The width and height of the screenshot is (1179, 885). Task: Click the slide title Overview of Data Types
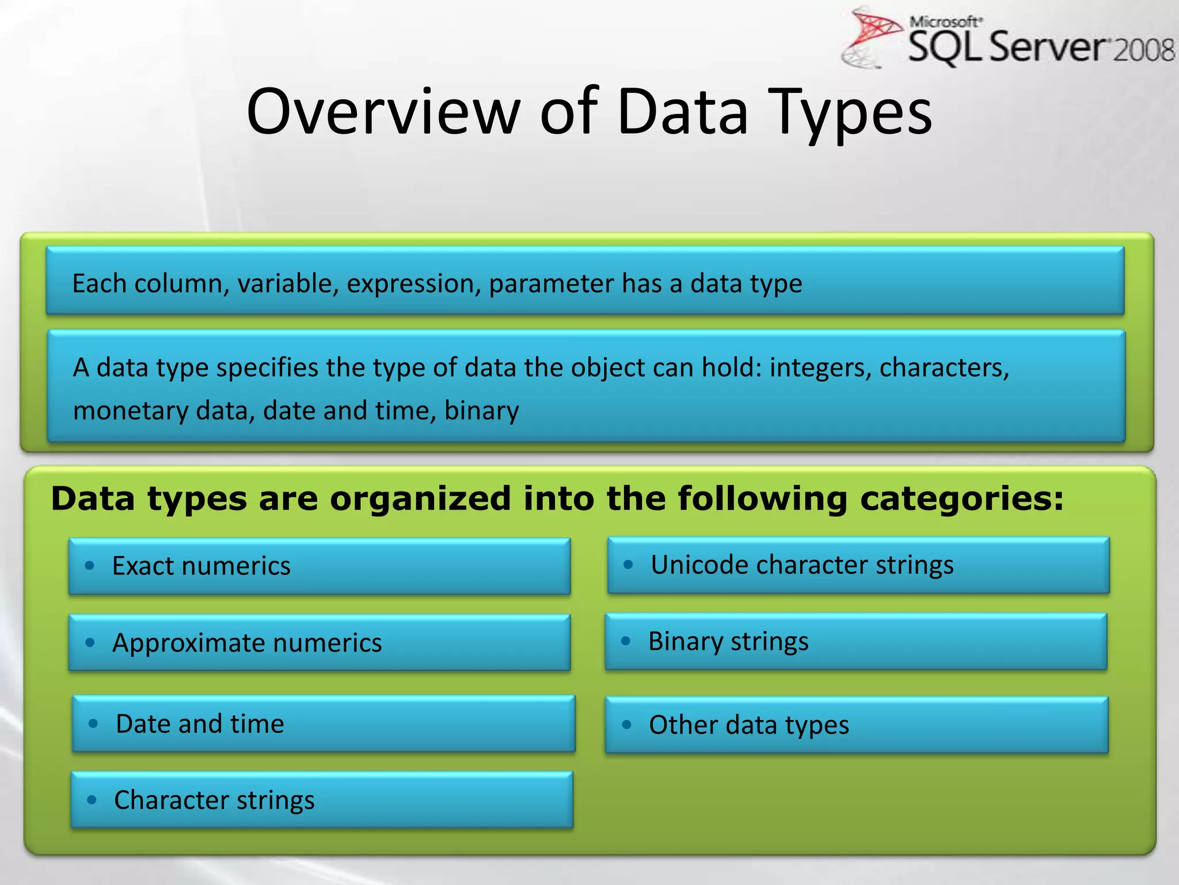pos(589,112)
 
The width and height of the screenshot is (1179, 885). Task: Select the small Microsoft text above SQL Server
pos(945,22)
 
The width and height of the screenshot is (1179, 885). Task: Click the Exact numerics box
pos(320,566)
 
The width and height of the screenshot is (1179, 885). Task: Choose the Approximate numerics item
pos(320,642)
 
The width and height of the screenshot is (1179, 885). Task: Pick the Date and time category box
pos(323,724)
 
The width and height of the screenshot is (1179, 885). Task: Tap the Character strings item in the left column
pos(322,800)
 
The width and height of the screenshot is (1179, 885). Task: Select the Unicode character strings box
pos(858,565)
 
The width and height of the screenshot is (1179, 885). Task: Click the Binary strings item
pos(855,641)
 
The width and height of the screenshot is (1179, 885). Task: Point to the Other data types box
pos(856,725)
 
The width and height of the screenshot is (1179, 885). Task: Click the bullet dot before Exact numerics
pos(89,566)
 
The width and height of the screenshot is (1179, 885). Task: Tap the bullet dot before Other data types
pos(627,725)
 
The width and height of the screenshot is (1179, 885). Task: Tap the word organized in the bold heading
pos(420,498)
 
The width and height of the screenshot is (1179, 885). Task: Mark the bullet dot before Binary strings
pos(626,641)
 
